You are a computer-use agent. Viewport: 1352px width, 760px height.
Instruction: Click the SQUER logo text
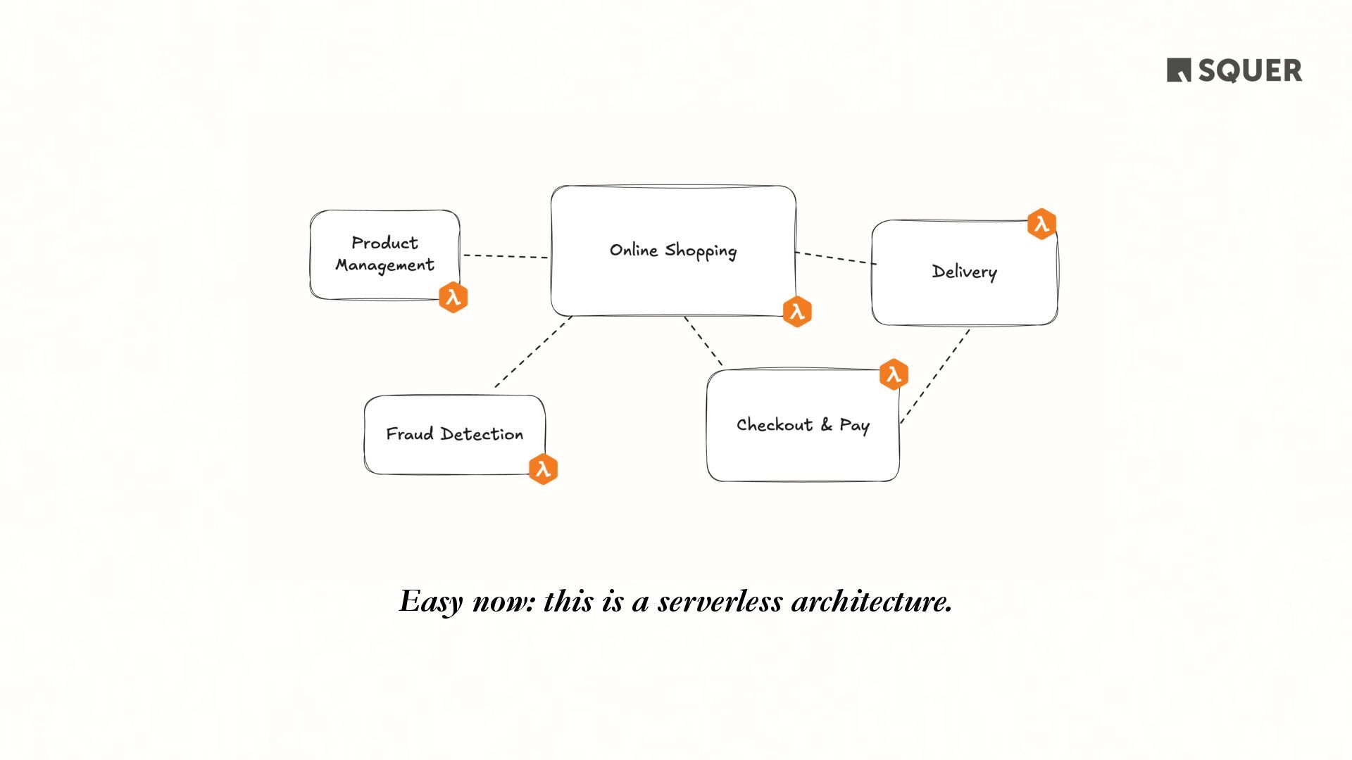pyautogui.click(x=1249, y=71)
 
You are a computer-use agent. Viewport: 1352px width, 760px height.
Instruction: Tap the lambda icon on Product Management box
pyautogui.click(x=453, y=297)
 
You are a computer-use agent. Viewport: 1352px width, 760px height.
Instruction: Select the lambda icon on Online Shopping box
pyautogui.click(x=797, y=312)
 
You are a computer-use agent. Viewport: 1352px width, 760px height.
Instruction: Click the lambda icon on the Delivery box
pyautogui.click(x=1041, y=224)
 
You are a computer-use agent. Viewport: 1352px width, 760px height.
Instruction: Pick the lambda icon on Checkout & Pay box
pyautogui.click(x=894, y=374)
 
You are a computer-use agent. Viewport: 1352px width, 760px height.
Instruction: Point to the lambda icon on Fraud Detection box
pyautogui.click(x=543, y=469)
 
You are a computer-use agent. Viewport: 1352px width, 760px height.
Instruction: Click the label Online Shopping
pyautogui.click(x=672, y=251)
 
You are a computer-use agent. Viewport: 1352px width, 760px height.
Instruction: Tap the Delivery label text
pyautogui.click(x=964, y=272)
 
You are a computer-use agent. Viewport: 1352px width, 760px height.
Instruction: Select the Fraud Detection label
pyautogui.click(x=454, y=434)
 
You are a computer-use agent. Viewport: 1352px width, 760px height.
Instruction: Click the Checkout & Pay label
pyautogui.click(x=803, y=425)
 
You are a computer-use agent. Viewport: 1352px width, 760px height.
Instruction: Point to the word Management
pyautogui.click(x=384, y=265)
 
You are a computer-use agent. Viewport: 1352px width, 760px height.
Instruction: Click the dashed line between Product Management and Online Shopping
pyautogui.click(x=505, y=256)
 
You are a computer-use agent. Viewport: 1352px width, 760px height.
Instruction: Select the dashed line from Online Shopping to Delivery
pyautogui.click(x=836, y=258)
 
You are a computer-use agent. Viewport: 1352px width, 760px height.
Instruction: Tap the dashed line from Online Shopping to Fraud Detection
pyautogui.click(x=533, y=351)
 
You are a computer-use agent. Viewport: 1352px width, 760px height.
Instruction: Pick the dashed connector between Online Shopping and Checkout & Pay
pyautogui.click(x=703, y=341)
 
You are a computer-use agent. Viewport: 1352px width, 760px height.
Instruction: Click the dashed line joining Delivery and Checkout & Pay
pyautogui.click(x=935, y=376)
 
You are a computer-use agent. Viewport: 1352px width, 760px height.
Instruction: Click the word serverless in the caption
pyautogui.click(x=720, y=602)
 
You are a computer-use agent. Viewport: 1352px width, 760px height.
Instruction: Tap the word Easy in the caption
pyautogui.click(x=431, y=602)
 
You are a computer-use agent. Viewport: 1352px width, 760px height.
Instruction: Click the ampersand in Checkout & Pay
pyautogui.click(x=826, y=424)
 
